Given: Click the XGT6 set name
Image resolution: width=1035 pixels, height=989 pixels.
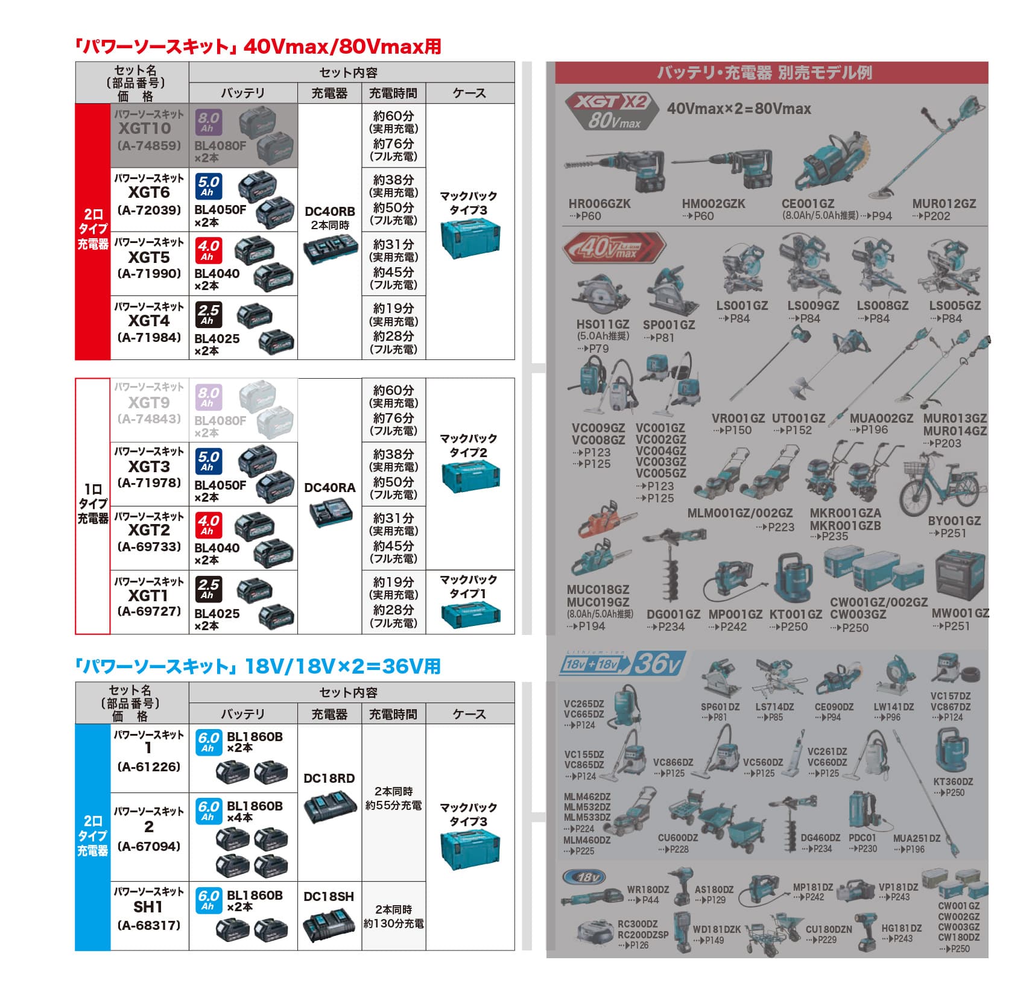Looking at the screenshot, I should click(149, 192).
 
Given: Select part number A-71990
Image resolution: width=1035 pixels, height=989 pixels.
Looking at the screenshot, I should click(149, 274).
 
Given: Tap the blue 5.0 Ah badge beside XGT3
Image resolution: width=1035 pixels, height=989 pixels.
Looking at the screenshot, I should click(208, 461).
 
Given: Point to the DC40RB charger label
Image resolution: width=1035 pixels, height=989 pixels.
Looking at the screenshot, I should click(329, 212).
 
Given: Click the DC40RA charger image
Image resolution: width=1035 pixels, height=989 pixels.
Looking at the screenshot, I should click(329, 514).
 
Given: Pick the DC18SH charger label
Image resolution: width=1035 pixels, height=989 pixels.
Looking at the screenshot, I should click(329, 897).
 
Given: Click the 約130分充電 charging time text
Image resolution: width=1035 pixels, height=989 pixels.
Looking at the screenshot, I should click(393, 923).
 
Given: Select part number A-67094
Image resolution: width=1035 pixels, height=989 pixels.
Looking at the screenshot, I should click(149, 846).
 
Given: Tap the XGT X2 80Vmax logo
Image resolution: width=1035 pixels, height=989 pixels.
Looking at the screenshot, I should click(610, 111).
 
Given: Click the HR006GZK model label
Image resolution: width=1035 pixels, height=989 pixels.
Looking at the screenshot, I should click(599, 204).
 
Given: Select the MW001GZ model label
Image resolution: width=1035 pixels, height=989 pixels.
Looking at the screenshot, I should click(960, 613).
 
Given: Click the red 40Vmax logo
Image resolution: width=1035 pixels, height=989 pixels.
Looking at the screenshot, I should click(613, 248).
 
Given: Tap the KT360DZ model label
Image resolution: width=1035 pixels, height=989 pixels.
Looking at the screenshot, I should click(953, 782).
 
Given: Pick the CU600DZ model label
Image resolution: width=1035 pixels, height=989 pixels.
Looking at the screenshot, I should click(677, 838).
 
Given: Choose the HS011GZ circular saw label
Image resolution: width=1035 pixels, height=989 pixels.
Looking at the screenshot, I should click(603, 324).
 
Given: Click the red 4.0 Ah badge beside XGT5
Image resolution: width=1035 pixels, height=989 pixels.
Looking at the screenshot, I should click(208, 250).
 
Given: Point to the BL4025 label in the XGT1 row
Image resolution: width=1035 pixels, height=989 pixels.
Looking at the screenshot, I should click(217, 614).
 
